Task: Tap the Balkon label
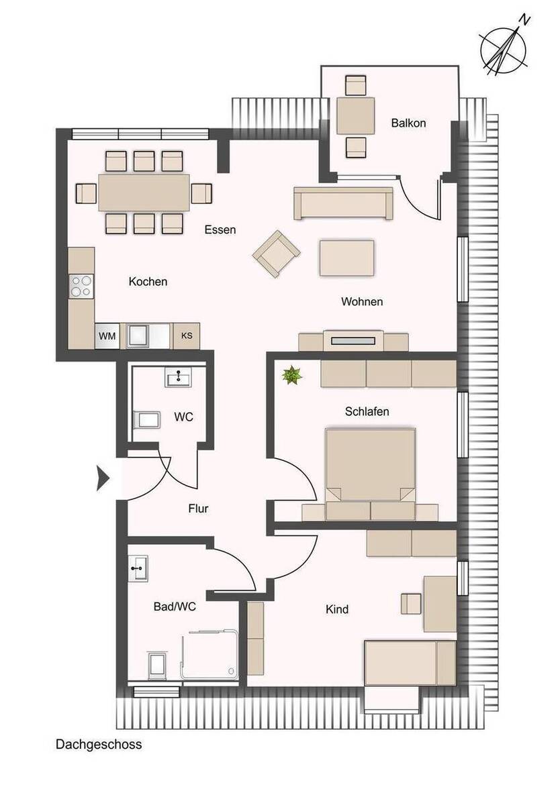(408, 123)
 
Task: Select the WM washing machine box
(107, 336)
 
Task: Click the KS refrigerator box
(186, 335)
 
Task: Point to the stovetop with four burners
(81, 286)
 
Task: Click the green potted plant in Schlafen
(292, 375)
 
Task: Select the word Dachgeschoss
(99, 744)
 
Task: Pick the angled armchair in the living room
(276, 254)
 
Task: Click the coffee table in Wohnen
(347, 258)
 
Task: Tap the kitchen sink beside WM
(138, 336)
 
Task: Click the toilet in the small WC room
(146, 419)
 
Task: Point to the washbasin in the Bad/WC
(138, 568)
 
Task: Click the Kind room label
(337, 609)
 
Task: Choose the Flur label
(198, 509)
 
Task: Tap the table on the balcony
(355, 115)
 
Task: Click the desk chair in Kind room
(411, 604)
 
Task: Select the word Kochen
(148, 282)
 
